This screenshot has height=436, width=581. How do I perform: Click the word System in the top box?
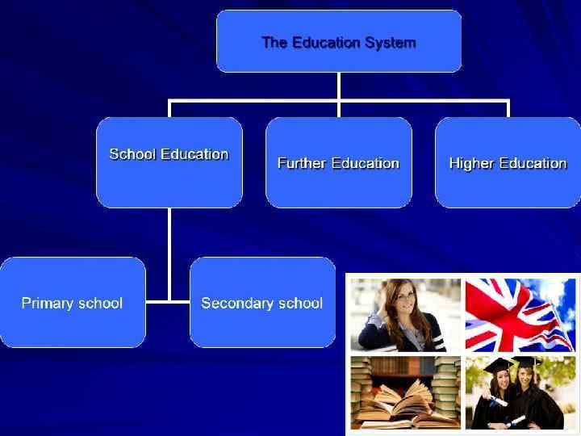tap(391, 43)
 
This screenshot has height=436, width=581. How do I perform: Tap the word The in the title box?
tap(273, 43)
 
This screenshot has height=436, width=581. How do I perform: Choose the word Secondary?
tap(236, 304)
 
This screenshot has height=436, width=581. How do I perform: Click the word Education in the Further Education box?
tap(366, 163)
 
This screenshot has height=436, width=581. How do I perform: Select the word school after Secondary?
tap(299, 304)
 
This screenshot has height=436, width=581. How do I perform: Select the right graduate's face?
tap(527, 379)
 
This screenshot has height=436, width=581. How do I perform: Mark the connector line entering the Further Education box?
tap(339, 110)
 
